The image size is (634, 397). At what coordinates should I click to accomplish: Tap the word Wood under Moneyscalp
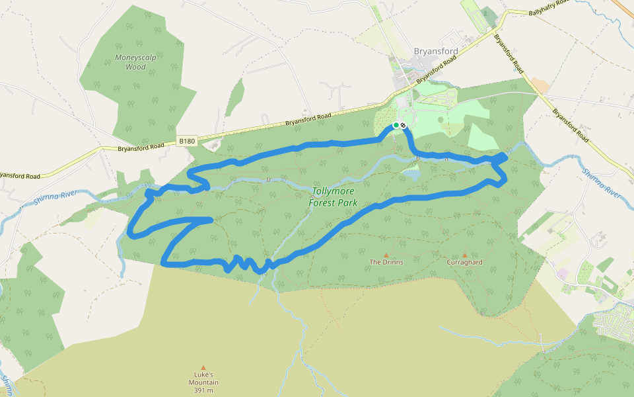click(135, 67)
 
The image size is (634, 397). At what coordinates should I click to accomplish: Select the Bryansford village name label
click(435, 50)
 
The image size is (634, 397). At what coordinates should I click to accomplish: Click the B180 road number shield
click(188, 141)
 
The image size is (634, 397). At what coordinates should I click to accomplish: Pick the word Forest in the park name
click(324, 202)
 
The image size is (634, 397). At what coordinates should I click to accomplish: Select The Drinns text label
click(386, 262)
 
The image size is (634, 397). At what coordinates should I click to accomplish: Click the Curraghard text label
click(464, 262)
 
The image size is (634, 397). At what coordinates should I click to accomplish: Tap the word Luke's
click(203, 375)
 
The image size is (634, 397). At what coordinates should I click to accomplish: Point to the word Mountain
click(203, 382)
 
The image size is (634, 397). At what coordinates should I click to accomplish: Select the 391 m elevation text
click(203, 390)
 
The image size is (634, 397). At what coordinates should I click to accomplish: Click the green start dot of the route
click(396, 125)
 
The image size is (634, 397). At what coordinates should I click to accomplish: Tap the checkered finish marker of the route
click(403, 125)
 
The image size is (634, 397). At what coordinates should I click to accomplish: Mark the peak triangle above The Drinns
click(386, 255)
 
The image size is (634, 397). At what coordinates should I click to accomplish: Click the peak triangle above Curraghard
click(465, 255)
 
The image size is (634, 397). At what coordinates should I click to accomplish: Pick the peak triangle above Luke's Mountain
click(203, 367)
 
